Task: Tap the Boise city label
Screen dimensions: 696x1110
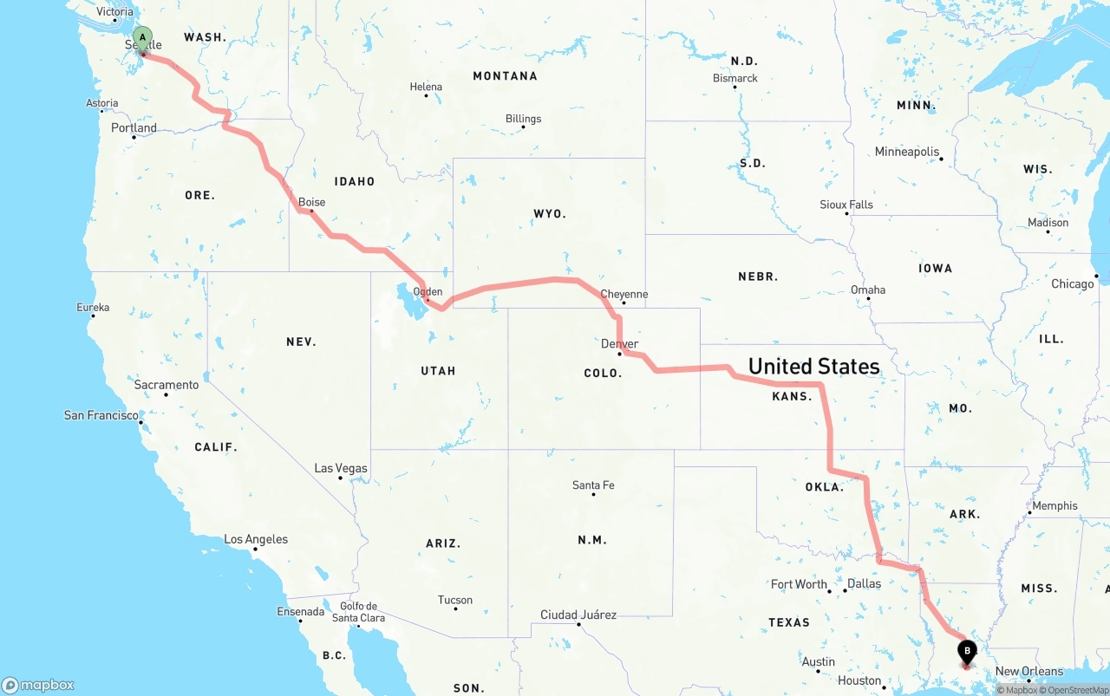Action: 312,202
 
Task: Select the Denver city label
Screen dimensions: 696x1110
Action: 619,344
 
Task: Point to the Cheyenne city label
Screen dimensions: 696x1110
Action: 624,294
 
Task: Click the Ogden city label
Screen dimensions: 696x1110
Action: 428,292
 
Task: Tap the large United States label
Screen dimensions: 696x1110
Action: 813,366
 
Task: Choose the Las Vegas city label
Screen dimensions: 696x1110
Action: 341,468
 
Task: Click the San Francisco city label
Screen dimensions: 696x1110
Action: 101,415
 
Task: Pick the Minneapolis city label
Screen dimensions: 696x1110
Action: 907,152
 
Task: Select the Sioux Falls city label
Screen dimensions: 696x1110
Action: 846,205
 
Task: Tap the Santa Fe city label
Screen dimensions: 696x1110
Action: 593,485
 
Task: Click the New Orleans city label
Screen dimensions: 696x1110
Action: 1028,671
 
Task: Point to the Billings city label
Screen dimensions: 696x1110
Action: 523,119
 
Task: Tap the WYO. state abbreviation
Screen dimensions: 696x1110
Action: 550,213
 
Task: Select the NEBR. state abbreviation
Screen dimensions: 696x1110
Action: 758,276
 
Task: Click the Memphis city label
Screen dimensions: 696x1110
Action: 1054,505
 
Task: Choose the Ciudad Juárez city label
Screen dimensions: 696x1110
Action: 578,615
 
